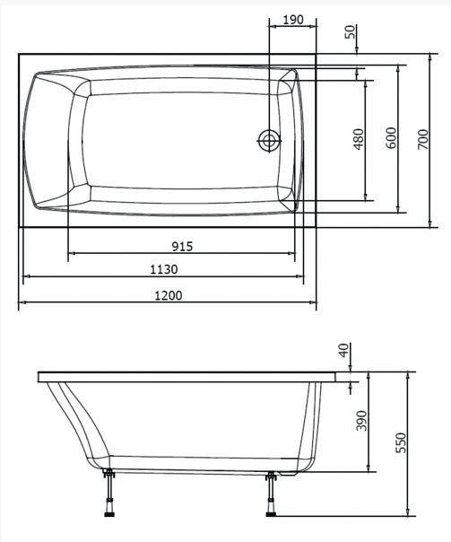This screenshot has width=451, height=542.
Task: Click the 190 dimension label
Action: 293,20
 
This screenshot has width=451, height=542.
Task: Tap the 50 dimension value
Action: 351,32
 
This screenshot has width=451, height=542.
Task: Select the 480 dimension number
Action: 360,139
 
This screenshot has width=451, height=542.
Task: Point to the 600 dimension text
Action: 391,138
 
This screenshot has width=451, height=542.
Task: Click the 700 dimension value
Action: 422,139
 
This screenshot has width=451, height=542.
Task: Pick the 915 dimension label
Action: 182,247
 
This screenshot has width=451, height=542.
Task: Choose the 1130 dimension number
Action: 164,269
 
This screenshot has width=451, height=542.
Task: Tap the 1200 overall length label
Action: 169,296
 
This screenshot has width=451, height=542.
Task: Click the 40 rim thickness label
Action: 344,351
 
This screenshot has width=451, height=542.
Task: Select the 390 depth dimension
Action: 361,421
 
